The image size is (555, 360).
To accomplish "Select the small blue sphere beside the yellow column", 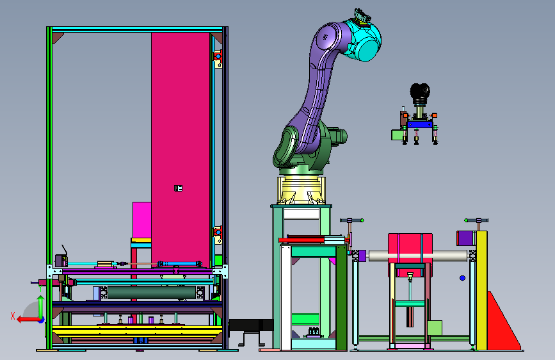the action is coord(462,278).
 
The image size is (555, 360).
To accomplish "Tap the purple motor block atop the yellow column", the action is coord(465,238).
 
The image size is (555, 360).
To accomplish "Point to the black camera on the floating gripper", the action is coord(420,92).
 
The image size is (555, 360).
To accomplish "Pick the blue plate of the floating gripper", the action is coord(420,124).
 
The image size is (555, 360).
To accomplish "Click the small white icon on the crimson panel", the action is coord(178,188).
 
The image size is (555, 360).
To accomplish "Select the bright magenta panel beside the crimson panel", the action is coord(142,220).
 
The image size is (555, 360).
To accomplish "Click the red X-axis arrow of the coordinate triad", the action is coord(28,320).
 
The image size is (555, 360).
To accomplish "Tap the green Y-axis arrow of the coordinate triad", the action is coord(41,307).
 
